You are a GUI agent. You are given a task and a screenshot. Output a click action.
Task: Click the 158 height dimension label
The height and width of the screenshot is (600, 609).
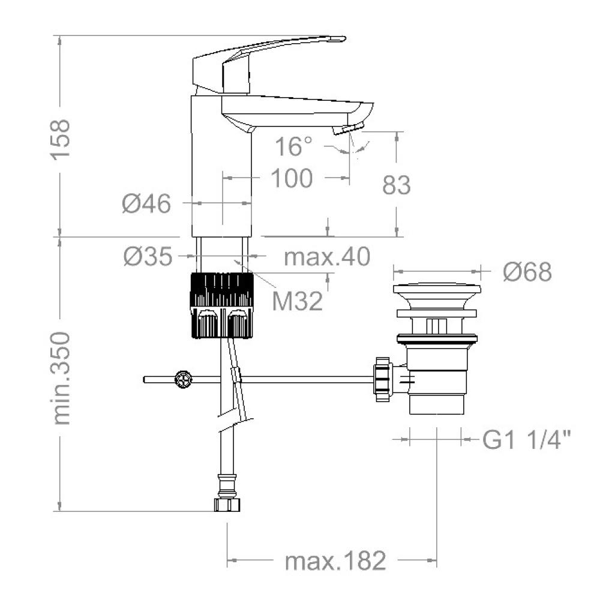[x=60, y=139]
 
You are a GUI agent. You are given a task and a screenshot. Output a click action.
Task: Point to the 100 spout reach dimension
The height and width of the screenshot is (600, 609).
[x=292, y=178]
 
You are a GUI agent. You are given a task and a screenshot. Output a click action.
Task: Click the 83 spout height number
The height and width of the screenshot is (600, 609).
[x=396, y=185]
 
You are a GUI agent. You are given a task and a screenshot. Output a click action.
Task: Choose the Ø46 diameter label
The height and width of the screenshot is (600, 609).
[x=146, y=203]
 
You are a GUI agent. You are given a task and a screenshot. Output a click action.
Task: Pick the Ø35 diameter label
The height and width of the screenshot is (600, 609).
[x=148, y=256]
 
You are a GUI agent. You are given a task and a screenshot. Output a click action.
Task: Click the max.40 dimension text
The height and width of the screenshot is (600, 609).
[x=327, y=256]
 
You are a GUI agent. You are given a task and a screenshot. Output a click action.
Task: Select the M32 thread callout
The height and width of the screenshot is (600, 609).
[x=298, y=301]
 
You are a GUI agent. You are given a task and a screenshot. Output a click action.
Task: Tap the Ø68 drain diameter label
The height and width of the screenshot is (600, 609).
[x=527, y=272]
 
